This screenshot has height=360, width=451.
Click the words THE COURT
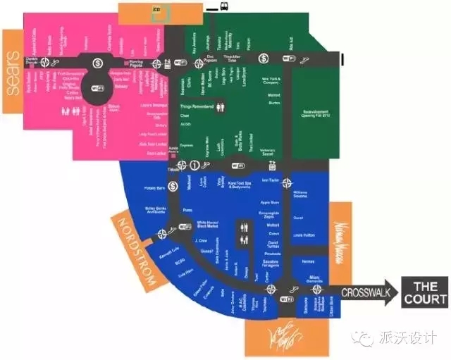[x=425, y=292]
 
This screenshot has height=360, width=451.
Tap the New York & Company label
[x=271, y=80]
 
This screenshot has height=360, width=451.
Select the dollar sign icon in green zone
[x=263, y=58]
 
